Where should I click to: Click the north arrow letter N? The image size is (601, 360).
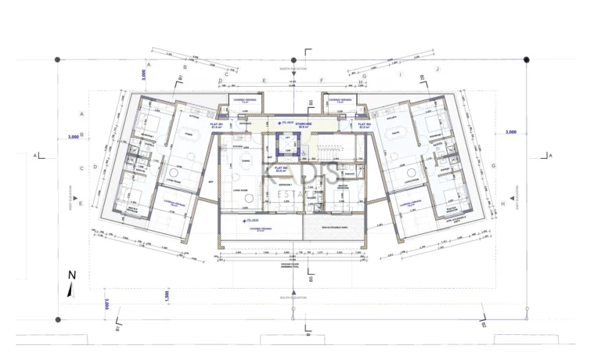pos(71,275)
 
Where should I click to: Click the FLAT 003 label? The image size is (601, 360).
pos(364,124)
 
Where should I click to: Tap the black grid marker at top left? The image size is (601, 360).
pos(57,59)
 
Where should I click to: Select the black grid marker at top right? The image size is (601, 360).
pos(526,59)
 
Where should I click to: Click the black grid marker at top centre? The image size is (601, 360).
pos(293,59)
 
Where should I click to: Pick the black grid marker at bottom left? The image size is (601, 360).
pos(57,319)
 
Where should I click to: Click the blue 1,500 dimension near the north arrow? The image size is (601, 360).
pos(165,293)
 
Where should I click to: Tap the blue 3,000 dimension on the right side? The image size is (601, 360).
pos(510,132)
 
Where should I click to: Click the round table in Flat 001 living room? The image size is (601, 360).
pos(171,173)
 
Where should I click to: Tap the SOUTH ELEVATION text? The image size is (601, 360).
pos(294,298)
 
